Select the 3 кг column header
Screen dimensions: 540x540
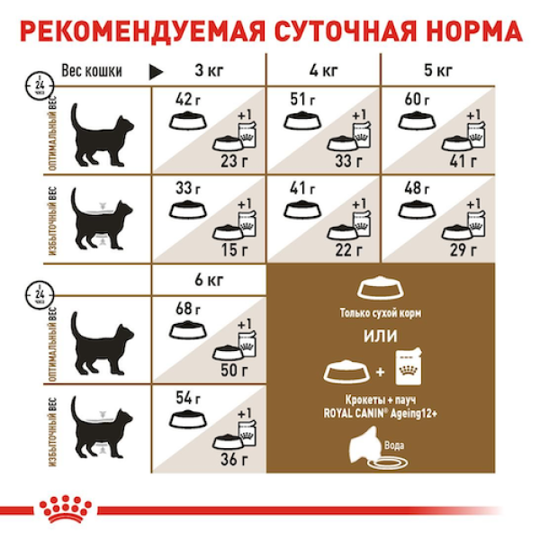click(209, 71)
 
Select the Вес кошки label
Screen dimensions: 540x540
click(92, 71)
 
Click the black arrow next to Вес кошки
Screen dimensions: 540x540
click(154, 71)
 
